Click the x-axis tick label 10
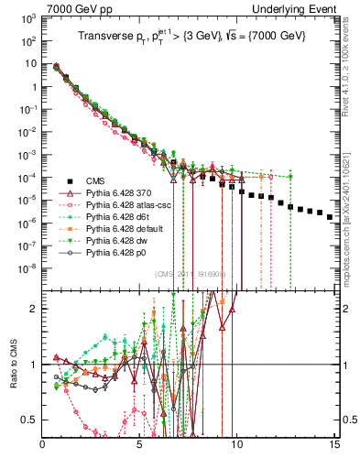237,446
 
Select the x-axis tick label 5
140,446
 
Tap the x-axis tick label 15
333,446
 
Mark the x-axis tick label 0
43,446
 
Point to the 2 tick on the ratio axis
34,309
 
